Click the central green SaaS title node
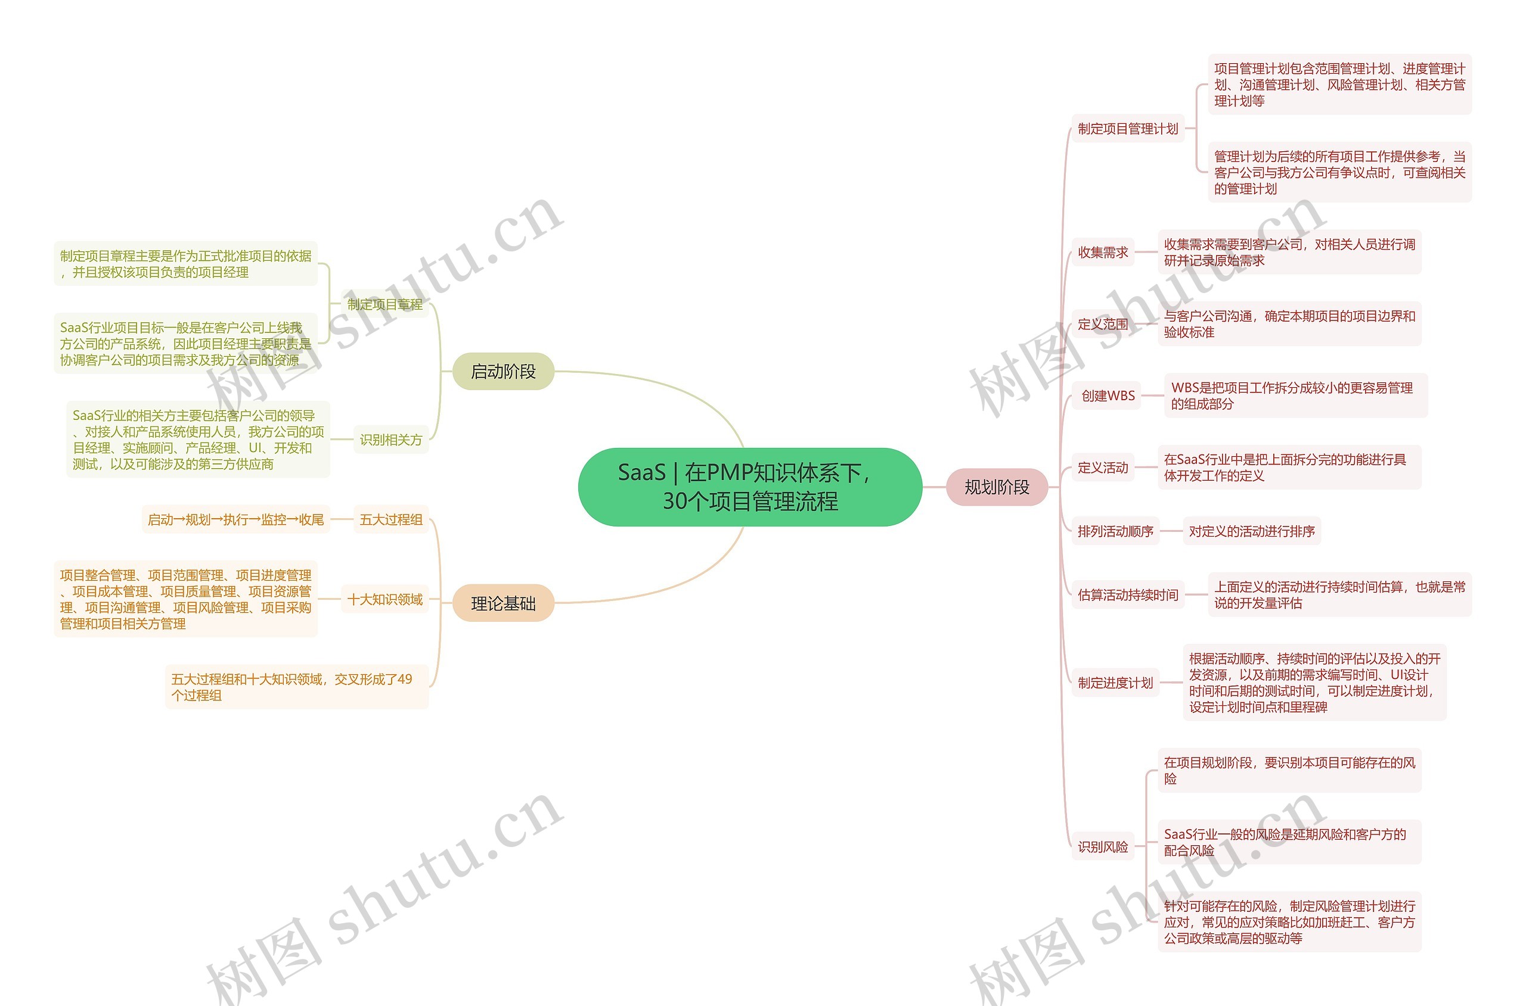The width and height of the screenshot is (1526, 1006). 750,487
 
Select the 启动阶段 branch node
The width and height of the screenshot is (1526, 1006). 503,372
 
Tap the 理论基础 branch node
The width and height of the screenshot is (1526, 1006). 503,603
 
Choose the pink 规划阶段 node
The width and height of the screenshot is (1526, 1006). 996,487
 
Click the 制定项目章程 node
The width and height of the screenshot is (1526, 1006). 384,304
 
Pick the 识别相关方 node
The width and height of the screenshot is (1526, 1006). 390,440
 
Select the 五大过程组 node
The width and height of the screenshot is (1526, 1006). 390,519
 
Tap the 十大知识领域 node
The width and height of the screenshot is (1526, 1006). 384,599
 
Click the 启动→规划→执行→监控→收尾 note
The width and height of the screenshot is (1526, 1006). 235,519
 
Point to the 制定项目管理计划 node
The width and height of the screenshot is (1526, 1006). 1127,128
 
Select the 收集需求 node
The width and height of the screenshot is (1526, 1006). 1102,252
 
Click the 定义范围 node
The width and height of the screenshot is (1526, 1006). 1102,324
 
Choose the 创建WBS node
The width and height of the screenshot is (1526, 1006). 1108,395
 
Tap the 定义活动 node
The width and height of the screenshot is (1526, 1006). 1102,467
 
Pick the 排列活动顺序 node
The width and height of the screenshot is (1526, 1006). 1115,531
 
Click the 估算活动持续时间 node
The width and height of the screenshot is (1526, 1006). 1127,595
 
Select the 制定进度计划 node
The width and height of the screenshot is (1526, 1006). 1115,683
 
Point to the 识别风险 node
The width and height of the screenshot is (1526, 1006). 1102,846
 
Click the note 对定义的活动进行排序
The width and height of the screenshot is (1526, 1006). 1251,531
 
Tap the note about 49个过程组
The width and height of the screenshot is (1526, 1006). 296,687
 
